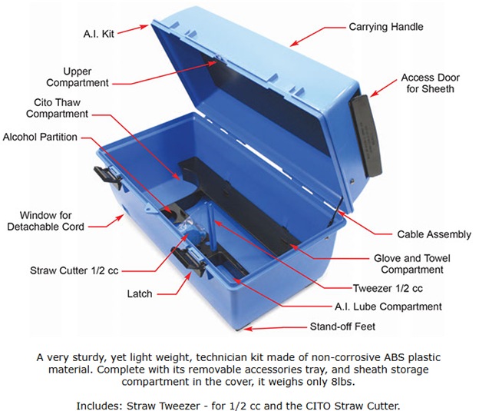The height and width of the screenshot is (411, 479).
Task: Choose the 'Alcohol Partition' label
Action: pos(40,138)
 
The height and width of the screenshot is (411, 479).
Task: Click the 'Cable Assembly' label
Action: pos(431,234)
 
